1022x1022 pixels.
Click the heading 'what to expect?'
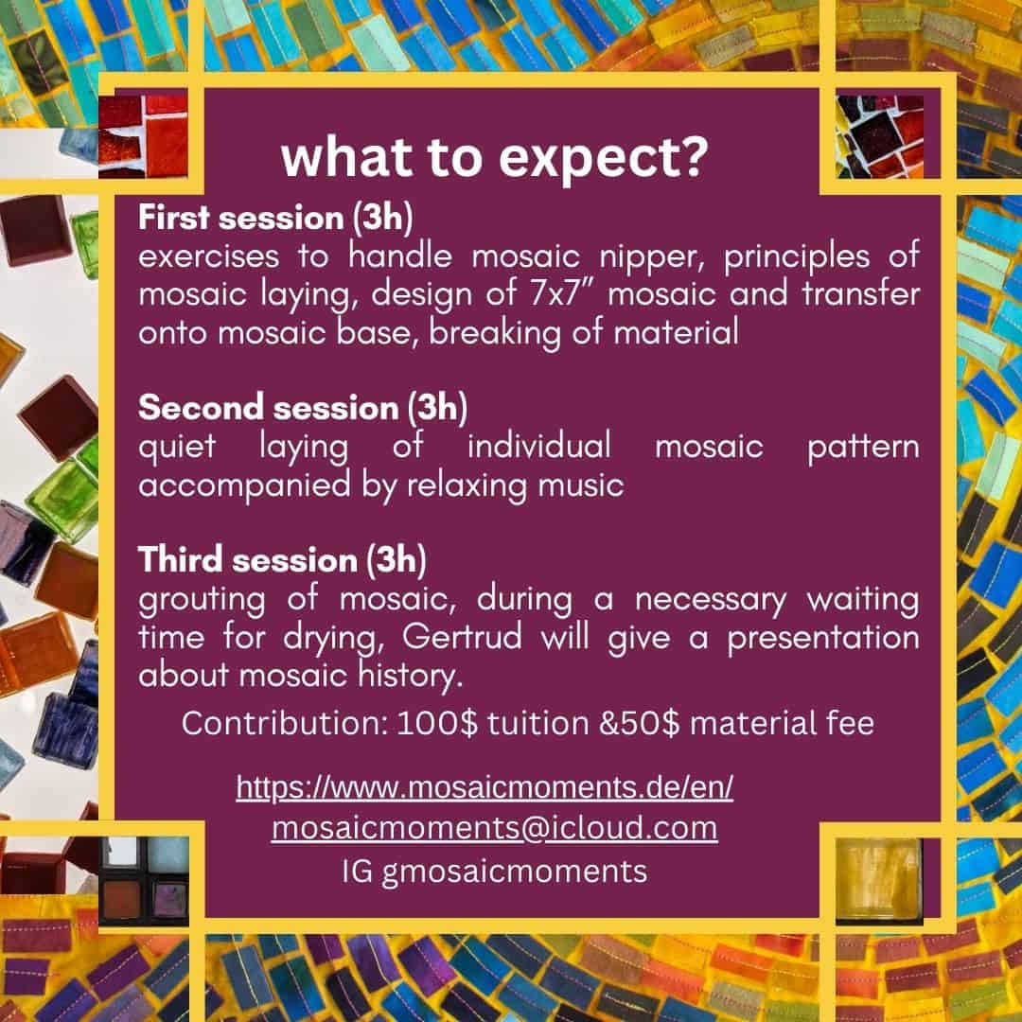494,158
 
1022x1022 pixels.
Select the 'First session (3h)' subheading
275,217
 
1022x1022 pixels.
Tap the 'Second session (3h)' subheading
303,408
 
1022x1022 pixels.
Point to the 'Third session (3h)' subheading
282,560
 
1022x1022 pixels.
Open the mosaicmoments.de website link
485,786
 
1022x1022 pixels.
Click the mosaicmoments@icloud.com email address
495,828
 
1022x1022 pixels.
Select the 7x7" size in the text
560,293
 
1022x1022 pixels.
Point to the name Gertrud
462,636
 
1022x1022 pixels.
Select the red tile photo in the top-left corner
143,136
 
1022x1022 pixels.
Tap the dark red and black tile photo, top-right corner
879,136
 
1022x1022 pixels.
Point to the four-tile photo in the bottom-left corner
144,880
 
